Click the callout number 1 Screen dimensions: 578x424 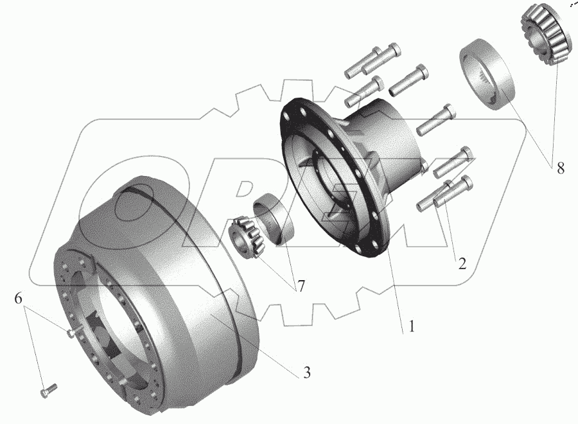[x=412, y=326]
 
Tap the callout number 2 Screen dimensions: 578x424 [x=462, y=263]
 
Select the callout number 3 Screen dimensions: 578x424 [x=307, y=373]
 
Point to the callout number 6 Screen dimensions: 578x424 [x=19, y=298]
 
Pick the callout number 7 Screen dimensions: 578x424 [x=301, y=286]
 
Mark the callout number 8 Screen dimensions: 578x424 [x=560, y=168]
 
